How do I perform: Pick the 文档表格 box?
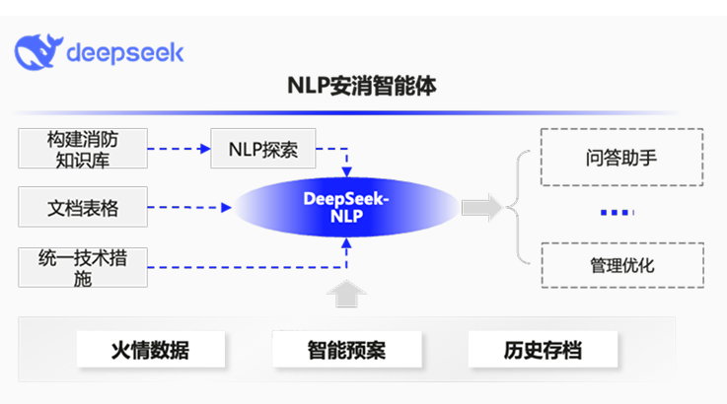point(83,207)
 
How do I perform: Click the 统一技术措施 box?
point(83,268)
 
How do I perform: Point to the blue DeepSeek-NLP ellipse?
point(346,207)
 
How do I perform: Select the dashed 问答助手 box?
point(621,158)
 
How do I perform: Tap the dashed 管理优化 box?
point(621,265)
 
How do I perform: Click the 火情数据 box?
point(150,349)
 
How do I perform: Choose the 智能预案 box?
point(345,349)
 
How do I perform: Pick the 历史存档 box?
point(543,349)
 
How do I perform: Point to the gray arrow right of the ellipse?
point(482,208)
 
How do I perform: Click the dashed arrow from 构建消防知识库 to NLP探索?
point(180,149)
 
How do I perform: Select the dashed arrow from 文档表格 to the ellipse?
point(190,207)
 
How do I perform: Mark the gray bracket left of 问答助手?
point(521,208)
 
